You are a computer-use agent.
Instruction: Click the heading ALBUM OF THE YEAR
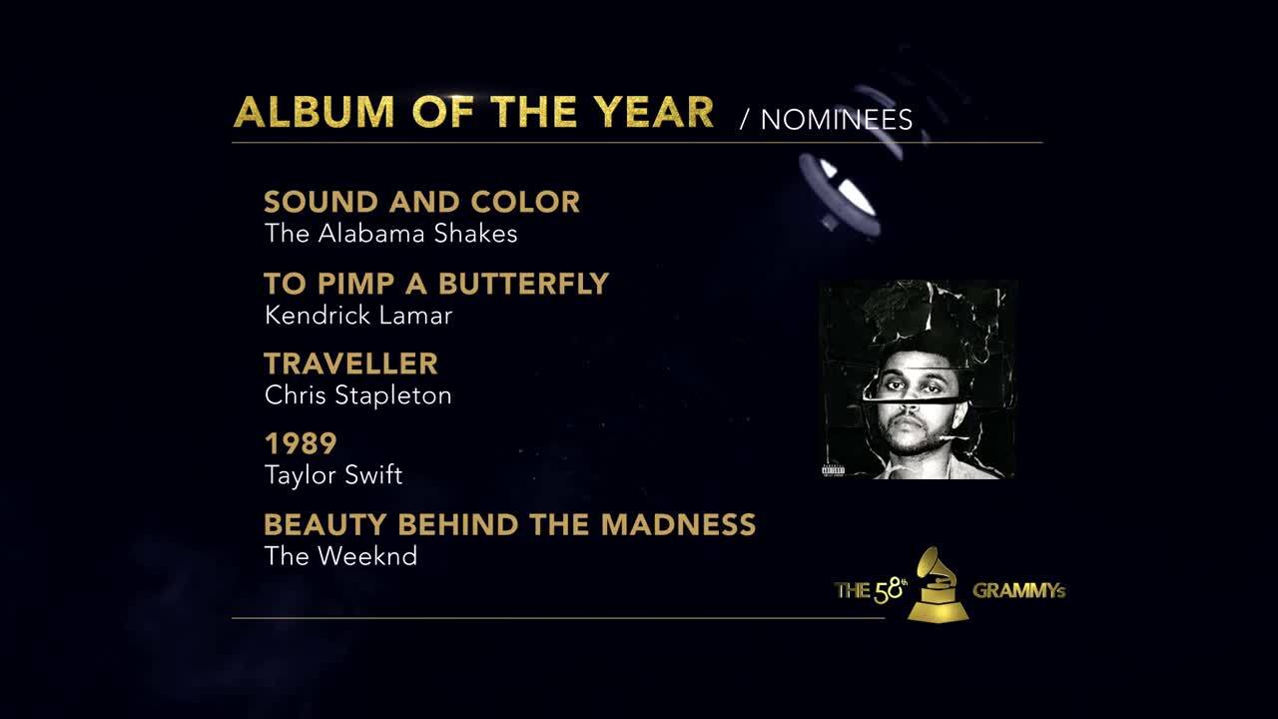(473, 112)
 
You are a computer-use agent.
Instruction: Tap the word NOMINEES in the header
(837, 120)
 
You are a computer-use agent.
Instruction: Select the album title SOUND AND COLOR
(421, 202)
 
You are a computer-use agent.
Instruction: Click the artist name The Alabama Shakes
(390, 234)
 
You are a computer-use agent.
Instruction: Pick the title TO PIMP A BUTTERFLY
(435, 284)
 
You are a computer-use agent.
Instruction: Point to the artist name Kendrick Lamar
(358, 316)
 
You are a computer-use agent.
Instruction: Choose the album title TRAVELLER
(350, 363)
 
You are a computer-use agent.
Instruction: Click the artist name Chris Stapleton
(357, 395)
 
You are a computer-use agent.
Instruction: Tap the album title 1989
(301, 443)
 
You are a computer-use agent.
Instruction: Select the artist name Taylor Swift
(333, 475)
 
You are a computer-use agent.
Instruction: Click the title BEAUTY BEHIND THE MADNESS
(509, 525)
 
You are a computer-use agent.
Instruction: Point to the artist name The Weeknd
(340, 556)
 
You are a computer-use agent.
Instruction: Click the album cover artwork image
(917, 379)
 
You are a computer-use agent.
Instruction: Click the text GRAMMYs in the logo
(1018, 590)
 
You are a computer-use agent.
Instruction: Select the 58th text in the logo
(889, 589)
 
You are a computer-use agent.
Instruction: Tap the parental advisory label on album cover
(834, 470)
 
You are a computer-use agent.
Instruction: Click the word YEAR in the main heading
(657, 112)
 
